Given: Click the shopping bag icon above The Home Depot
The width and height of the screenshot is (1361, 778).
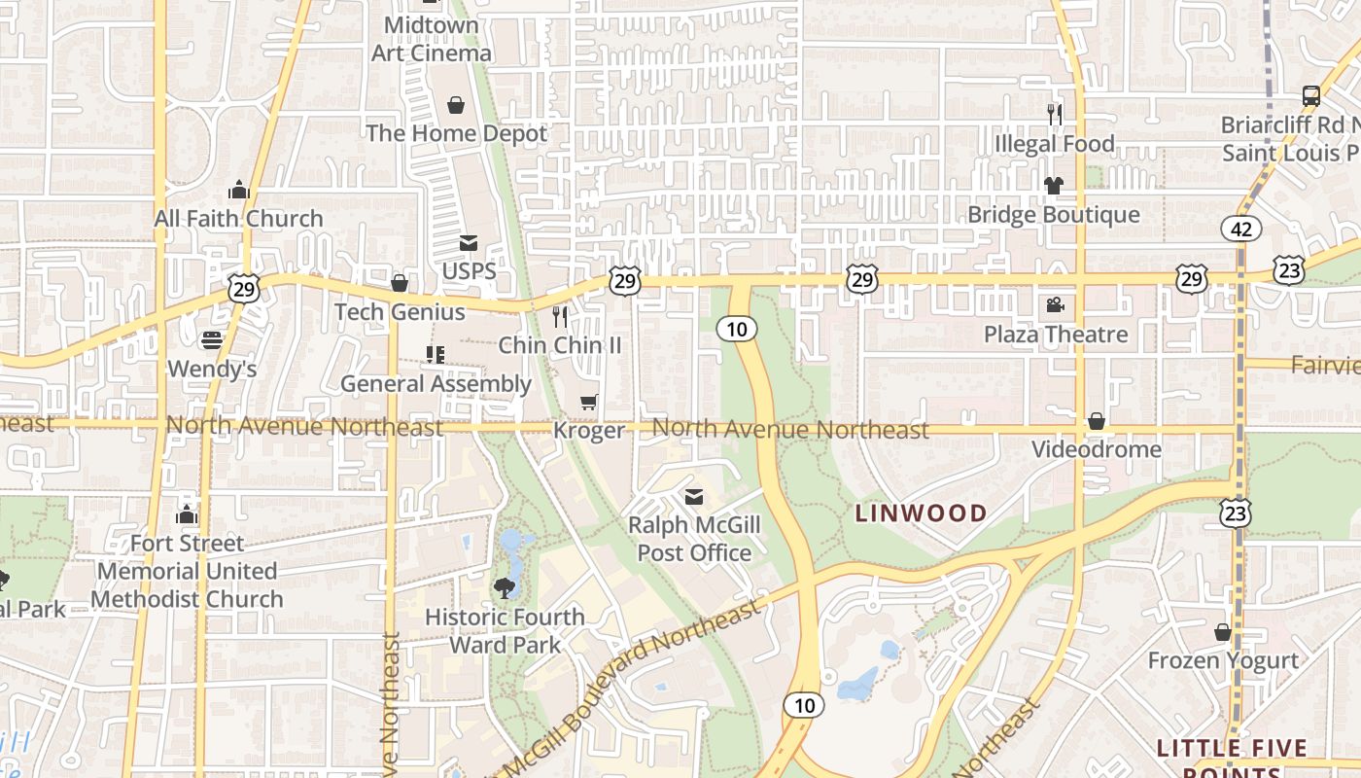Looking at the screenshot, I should [x=455, y=105].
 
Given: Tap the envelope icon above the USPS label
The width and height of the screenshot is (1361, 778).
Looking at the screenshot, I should [x=469, y=243].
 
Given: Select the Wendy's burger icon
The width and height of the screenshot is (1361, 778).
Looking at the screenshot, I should [x=212, y=340].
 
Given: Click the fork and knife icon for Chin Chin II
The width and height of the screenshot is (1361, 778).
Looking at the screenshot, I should [x=560, y=316].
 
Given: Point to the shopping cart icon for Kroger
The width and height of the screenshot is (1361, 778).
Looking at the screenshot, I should [x=588, y=402].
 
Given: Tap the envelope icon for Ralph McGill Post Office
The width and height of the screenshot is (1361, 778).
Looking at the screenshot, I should [x=693, y=497].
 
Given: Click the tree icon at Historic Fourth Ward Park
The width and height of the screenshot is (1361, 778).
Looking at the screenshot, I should [x=504, y=587].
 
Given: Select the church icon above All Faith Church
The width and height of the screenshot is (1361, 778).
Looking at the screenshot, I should [x=239, y=190].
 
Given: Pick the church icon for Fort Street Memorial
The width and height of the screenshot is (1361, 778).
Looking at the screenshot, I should [x=187, y=514].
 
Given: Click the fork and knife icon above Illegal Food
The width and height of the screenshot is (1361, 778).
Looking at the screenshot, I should [x=1054, y=115].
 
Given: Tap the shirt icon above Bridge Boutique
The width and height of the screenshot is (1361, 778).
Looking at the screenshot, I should [x=1054, y=185].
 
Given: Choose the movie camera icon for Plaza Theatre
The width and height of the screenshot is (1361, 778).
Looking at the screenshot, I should [x=1055, y=305].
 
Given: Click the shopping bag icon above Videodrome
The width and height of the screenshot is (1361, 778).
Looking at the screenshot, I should [x=1096, y=421].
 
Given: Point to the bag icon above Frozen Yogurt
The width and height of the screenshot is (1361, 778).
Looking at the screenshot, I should [x=1223, y=632].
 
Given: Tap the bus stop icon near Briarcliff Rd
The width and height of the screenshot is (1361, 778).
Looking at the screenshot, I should [x=1311, y=96].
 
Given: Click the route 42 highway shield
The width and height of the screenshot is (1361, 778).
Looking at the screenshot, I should [x=1241, y=229].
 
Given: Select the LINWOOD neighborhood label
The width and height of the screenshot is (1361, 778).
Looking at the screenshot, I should [x=921, y=513].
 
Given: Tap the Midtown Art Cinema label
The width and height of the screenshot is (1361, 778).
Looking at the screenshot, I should [x=432, y=39].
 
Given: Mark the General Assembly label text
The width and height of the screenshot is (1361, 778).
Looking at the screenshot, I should [x=436, y=384].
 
